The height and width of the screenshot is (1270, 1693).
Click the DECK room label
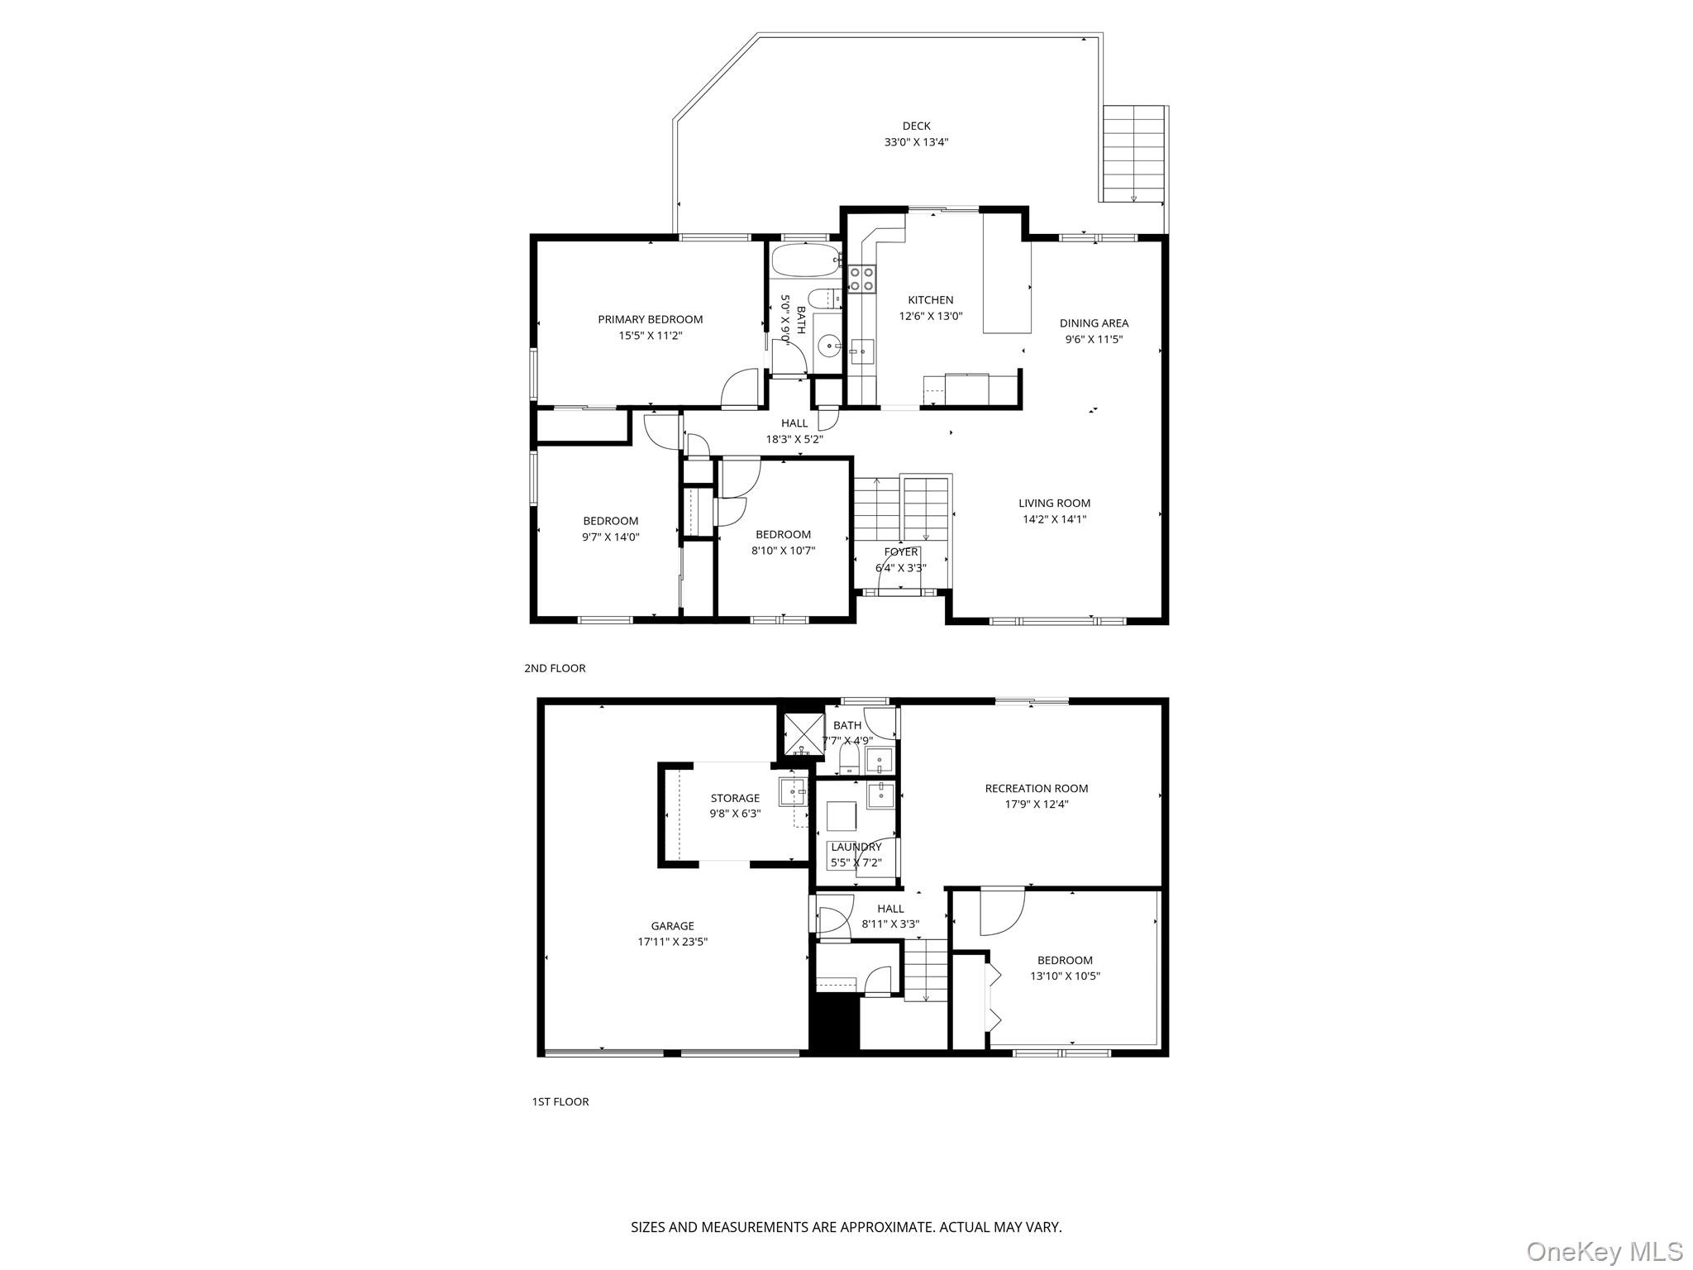916,127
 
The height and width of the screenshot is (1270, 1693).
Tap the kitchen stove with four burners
861,279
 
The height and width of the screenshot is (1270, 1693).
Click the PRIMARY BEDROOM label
650,319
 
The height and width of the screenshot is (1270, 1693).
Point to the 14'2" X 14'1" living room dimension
1054,519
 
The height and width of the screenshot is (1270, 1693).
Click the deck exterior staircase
1134,154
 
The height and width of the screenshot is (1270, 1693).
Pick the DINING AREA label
1094,323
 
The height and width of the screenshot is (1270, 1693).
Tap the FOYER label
900,551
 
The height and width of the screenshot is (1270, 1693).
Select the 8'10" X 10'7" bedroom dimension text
783,550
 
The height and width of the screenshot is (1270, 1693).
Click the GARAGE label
672,926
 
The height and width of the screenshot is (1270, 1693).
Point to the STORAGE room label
735,798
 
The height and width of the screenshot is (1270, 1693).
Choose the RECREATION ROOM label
1036,788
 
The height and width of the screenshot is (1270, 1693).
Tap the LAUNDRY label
856,847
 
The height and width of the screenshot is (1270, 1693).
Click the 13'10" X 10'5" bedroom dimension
1065,976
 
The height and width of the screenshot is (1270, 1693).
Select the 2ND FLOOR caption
555,668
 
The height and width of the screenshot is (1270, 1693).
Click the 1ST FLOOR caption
560,1101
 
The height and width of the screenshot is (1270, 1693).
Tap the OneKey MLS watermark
1604,1251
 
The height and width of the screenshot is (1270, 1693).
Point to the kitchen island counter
1006,273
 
